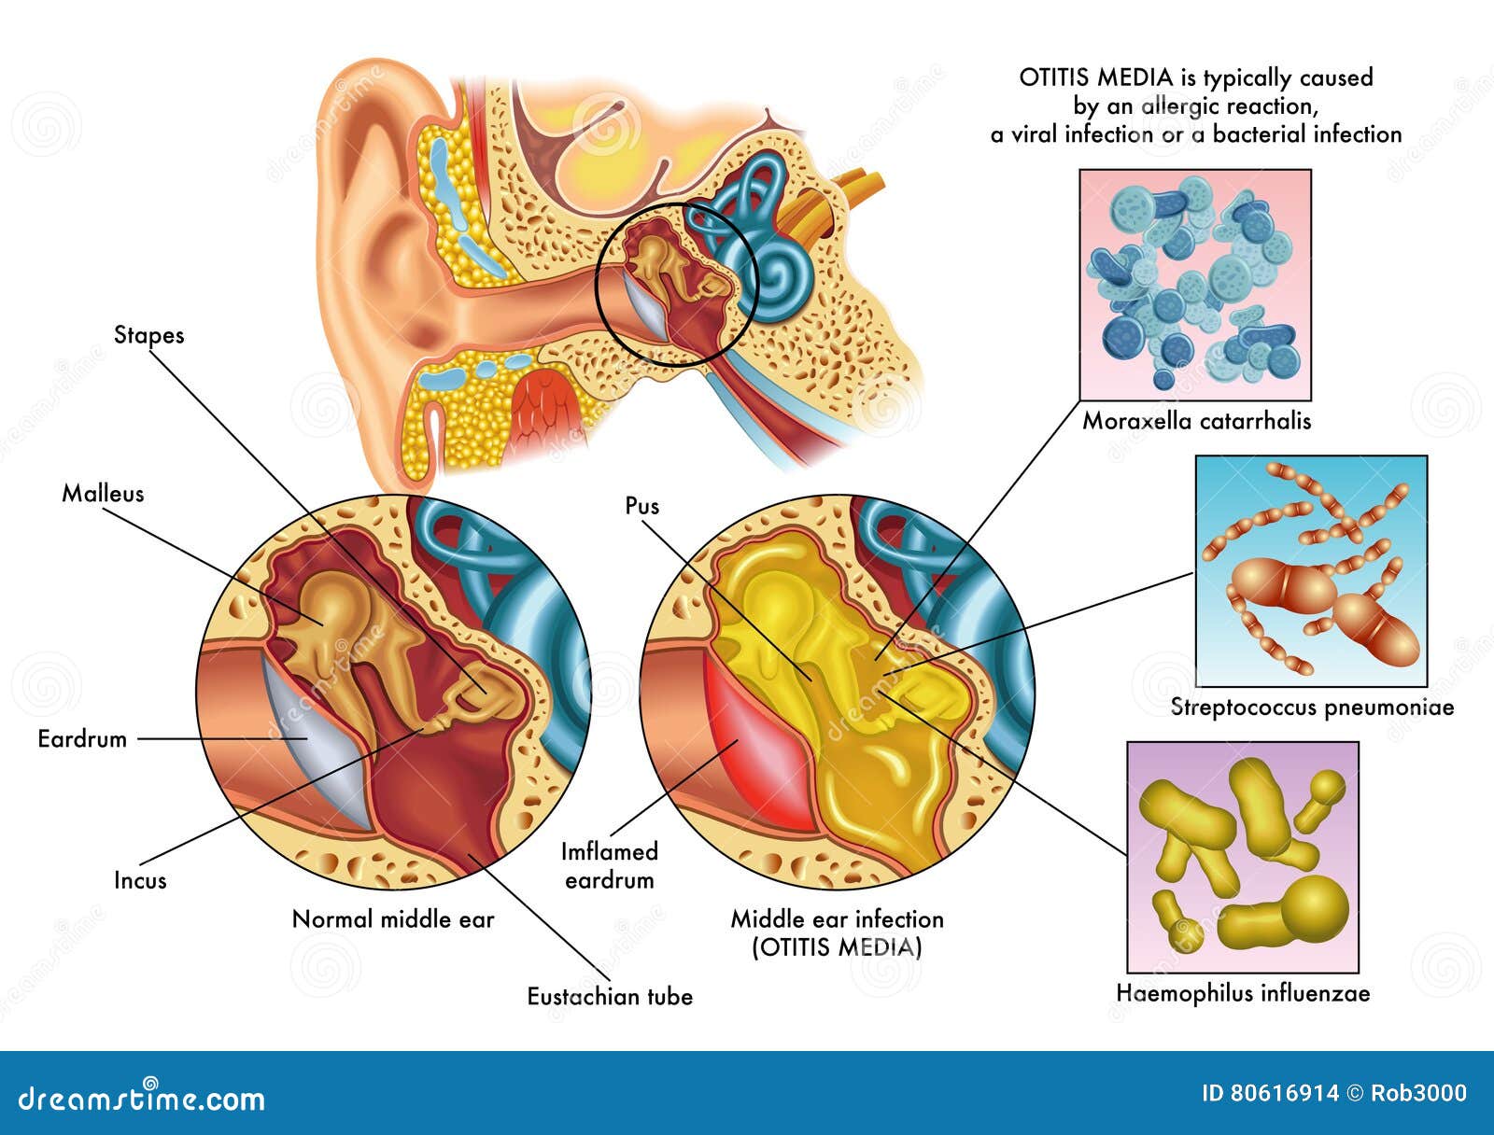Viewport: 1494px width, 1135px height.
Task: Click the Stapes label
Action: [x=148, y=335]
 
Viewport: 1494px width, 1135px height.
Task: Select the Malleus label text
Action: [x=103, y=494]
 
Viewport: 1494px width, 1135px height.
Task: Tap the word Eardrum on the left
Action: [x=82, y=739]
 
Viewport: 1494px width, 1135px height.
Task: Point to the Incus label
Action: [x=140, y=880]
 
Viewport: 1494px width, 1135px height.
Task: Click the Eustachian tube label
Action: [x=610, y=997]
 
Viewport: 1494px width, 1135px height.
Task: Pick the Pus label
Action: [x=641, y=506]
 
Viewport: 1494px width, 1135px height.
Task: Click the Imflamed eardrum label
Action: [x=609, y=865]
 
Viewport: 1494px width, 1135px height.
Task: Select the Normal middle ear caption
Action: [x=393, y=919]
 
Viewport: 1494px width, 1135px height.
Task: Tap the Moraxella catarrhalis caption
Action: [x=1196, y=421]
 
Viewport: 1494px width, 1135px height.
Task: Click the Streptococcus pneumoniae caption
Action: [x=1312, y=708]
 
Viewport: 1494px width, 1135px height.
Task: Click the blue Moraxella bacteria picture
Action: [x=1195, y=285]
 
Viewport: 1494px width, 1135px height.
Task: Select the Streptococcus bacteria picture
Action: [x=1311, y=570]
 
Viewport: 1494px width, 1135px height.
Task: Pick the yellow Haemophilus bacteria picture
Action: [x=1242, y=857]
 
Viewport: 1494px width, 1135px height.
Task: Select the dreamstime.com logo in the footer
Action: [x=142, y=1098]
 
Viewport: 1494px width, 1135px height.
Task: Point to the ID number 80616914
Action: [x=1270, y=1093]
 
